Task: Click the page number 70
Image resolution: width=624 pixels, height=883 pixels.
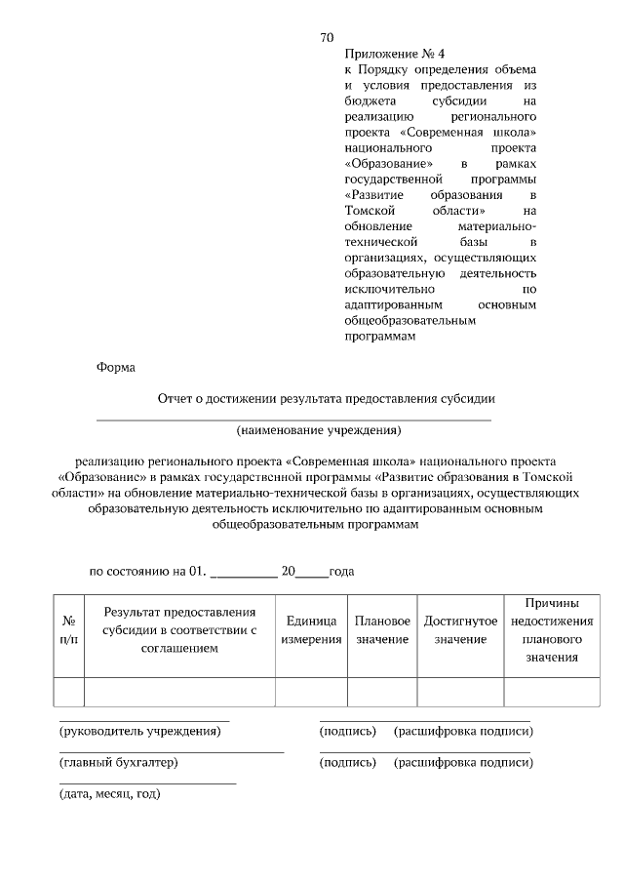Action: [327, 37]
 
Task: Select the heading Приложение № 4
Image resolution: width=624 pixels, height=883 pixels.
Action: [388, 55]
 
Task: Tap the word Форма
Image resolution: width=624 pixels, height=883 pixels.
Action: [116, 368]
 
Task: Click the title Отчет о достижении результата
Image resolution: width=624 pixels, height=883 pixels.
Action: [327, 398]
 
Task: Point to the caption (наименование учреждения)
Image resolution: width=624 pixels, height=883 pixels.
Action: [319, 429]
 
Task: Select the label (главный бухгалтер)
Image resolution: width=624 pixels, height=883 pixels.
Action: [119, 762]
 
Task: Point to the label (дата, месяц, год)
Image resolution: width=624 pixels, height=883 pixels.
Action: [109, 794]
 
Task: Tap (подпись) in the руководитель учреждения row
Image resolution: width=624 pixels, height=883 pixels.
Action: [348, 731]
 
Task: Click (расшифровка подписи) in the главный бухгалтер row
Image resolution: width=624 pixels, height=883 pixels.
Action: [463, 762]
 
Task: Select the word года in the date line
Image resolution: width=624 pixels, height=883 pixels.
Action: [341, 573]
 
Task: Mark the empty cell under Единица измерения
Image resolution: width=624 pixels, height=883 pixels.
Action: [311, 692]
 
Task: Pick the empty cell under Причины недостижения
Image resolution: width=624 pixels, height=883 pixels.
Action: [552, 692]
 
